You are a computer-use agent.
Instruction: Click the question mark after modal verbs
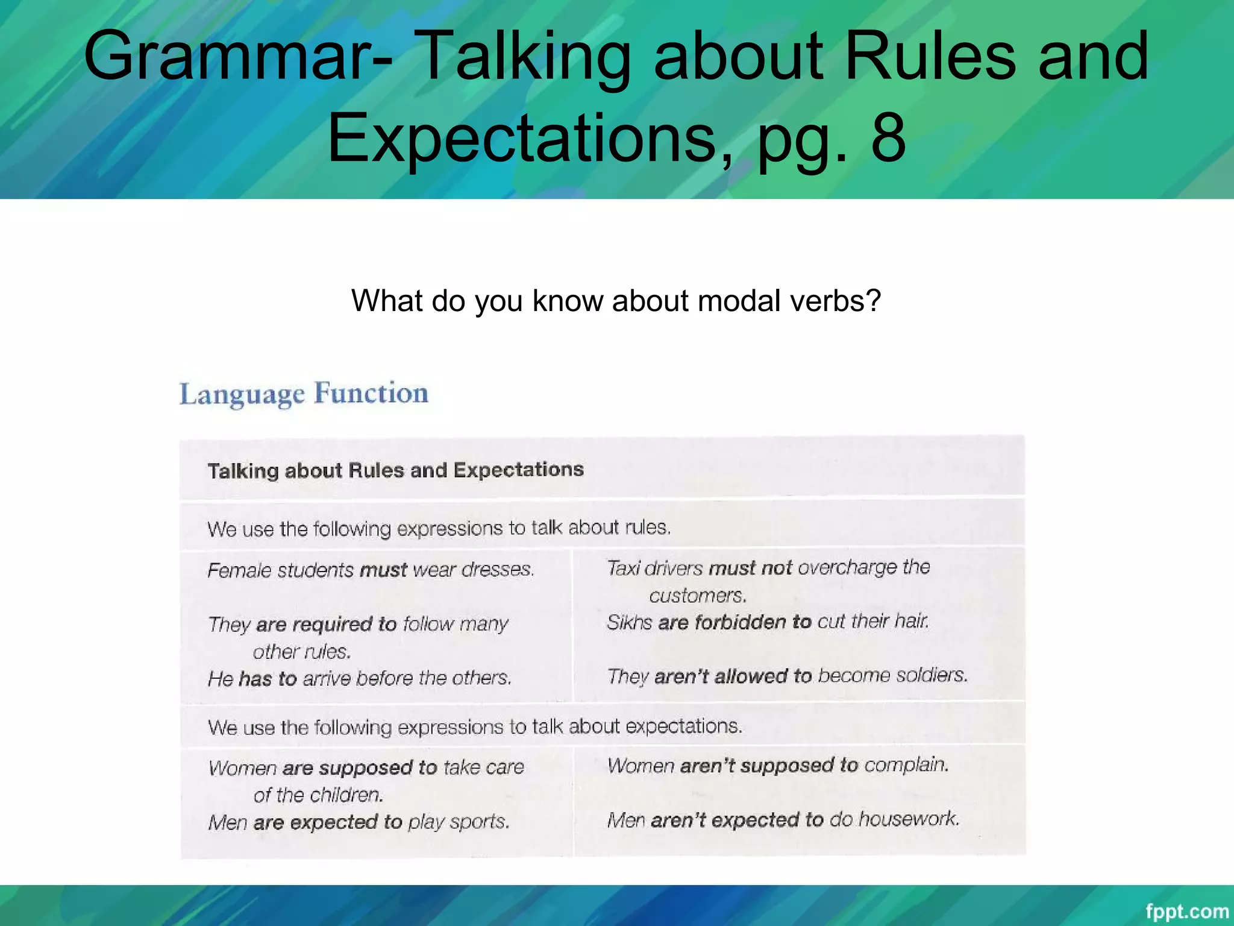click(874, 300)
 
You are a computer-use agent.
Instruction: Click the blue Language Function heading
click(304, 394)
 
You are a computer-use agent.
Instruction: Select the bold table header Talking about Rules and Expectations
click(395, 470)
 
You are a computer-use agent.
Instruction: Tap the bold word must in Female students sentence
click(383, 570)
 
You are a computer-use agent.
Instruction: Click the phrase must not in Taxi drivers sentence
click(750, 568)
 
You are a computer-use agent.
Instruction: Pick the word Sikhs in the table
click(629, 622)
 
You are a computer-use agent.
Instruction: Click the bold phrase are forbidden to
click(734, 622)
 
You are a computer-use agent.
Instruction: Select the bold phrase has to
click(268, 679)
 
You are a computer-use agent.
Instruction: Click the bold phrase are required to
click(326, 624)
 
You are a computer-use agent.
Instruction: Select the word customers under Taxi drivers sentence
click(697, 596)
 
